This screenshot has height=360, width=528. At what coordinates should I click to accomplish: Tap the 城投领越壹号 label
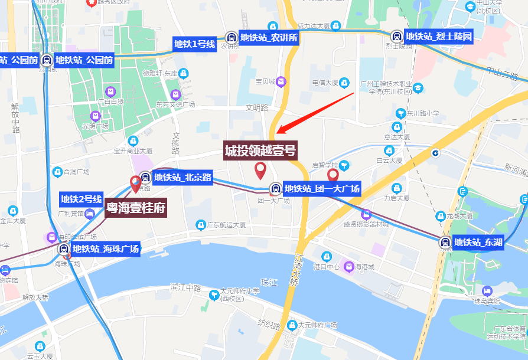point(260,150)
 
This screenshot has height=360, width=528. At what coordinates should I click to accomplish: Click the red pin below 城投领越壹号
point(260,171)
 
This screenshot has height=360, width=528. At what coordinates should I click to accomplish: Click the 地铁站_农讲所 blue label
point(269,38)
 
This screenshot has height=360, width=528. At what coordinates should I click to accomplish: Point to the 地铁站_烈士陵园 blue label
point(439,37)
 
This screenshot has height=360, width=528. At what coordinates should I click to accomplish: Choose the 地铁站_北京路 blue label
point(182,177)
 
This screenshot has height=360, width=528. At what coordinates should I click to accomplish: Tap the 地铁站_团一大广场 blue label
point(322,189)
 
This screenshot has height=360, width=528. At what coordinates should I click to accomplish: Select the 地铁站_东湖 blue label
point(478,242)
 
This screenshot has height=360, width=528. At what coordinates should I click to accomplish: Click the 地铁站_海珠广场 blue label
point(106,249)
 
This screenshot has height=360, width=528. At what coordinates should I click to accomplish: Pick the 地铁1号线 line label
point(194,44)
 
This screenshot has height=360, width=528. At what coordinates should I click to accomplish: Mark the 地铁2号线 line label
point(82,199)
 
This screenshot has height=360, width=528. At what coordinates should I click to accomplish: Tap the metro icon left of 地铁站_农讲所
point(231,38)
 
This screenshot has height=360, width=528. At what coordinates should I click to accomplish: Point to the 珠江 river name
point(269,283)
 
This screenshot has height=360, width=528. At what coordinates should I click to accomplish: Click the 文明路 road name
point(257,108)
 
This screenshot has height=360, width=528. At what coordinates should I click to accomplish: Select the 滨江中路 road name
point(185,287)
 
